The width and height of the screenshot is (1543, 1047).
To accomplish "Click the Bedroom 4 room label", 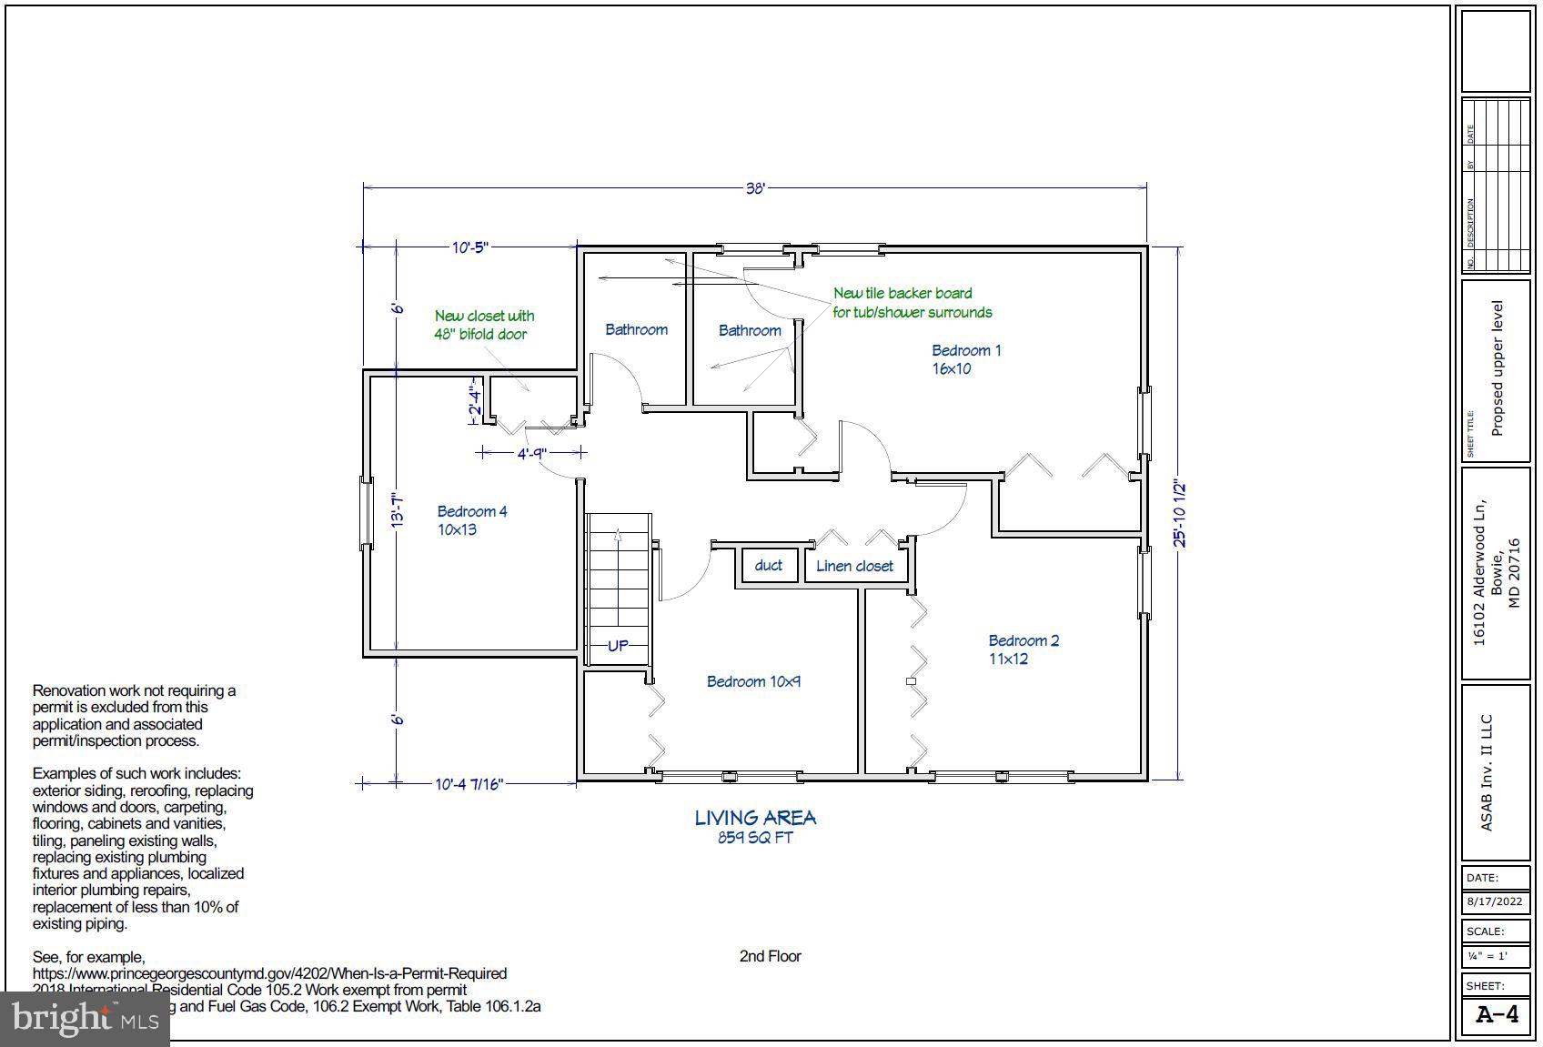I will pos(471,520).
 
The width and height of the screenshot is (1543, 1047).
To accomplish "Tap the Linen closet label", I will pos(853,566).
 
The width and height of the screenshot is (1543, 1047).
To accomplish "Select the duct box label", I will pos(768,565).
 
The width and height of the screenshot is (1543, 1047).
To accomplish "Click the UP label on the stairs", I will pos(618,646).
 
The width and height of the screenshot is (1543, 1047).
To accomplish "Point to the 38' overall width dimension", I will pos(755,188).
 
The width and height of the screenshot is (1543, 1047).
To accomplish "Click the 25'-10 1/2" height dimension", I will pos(1180,514).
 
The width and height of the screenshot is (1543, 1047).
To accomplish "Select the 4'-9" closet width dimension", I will pos(531,453).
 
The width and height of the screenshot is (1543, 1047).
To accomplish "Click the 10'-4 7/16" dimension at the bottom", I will pos(469,783).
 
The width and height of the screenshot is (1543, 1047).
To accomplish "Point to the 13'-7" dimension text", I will pos(397,511).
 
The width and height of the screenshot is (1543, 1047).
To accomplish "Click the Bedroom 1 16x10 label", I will pos(964,359).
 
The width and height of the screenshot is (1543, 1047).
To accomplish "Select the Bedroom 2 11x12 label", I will pos(1023,649).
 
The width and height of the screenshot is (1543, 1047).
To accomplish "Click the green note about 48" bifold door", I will pos(484,325).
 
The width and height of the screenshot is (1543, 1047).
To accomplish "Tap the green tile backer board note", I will pos(912,303).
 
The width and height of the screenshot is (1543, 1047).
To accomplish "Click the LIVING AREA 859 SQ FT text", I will pos(755,826).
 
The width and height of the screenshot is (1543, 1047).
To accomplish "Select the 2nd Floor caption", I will pos(770,956).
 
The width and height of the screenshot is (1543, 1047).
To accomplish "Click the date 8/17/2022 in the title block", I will pos(1494,902).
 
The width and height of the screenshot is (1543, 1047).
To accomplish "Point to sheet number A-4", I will pos(1497,1015).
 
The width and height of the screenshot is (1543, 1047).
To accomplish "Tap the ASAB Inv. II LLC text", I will pos(1487,773).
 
